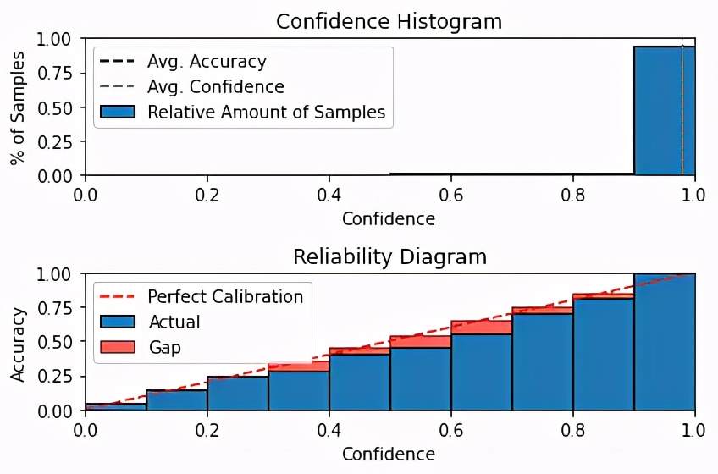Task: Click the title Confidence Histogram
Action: click(389, 21)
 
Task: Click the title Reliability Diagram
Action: click(389, 256)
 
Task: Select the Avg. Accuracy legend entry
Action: click(206, 62)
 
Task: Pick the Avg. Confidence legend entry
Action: click(215, 86)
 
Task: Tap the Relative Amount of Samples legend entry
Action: click(265, 112)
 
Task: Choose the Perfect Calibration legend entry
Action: click(225, 296)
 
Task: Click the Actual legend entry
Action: click(174, 322)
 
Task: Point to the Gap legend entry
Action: click(164, 347)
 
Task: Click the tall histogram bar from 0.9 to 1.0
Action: click(665, 110)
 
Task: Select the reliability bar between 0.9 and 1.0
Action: click(665, 343)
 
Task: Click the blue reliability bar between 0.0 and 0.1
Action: click(116, 407)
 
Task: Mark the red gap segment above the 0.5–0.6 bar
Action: click(421, 342)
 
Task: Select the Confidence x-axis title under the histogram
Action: click(389, 219)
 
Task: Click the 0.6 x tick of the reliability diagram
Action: click(451, 429)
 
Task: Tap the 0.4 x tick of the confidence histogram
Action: click(329, 194)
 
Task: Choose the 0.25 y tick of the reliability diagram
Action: click(57, 377)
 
